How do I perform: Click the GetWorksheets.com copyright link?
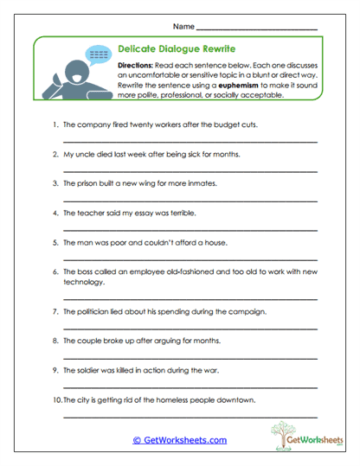[x=179, y=440]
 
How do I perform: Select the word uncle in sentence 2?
[x=85, y=154]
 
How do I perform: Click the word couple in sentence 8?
[x=93, y=340]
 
